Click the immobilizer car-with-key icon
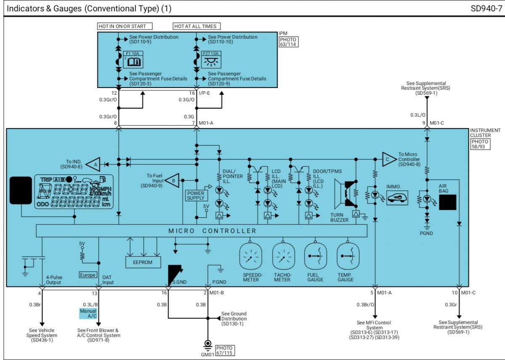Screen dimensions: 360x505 point(397,198)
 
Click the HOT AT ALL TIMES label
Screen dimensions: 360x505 point(197,26)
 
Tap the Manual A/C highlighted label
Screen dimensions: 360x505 point(88,314)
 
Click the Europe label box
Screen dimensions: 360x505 point(88,275)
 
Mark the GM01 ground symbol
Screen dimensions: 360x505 point(207,345)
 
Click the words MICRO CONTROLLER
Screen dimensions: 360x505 point(212,231)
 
